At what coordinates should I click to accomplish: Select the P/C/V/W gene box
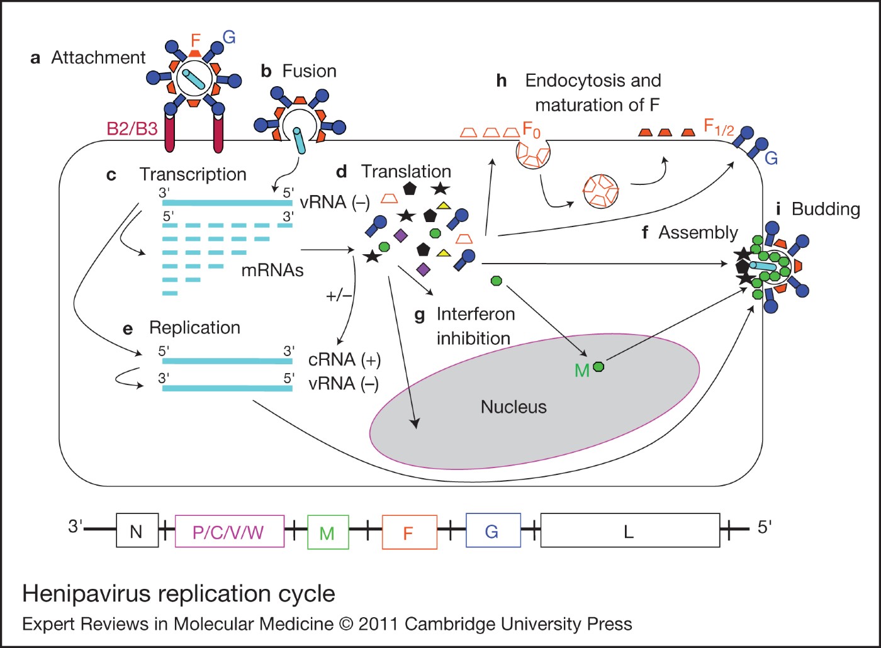tap(229, 532)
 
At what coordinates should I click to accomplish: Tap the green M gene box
tap(327, 532)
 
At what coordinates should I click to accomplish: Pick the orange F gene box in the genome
tap(409, 532)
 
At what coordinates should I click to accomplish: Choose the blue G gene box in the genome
tap(493, 531)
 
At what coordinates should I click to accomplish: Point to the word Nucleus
tap(513, 407)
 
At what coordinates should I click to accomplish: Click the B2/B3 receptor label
tap(132, 129)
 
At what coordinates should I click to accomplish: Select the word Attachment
tap(98, 58)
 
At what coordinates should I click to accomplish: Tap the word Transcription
tap(193, 174)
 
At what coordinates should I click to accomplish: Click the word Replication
tap(194, 328)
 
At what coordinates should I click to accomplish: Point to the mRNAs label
tap(272, 271)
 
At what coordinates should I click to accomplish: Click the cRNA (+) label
tap(344, 360)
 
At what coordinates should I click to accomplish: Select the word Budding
tap(825, 209)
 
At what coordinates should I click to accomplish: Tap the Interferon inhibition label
tap(475, 326)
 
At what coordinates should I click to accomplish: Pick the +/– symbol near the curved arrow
tap(339, 296)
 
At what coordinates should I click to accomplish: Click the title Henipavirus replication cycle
tap(179, 593)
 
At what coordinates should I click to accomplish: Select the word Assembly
tap(698, 233)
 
